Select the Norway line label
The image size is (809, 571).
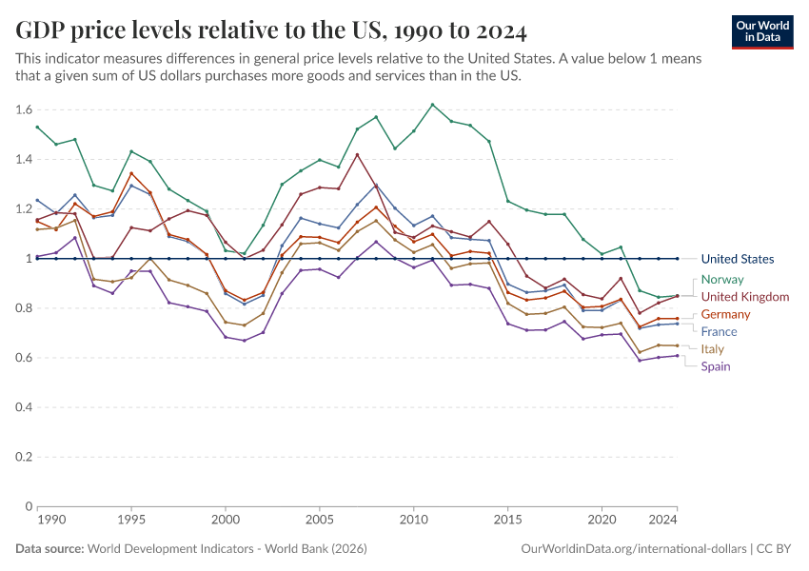[721, 280]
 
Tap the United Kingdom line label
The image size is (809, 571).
[745, 297]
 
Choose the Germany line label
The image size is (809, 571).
[725, 314]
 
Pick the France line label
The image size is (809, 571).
[719, 331]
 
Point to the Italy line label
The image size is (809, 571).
[712, 349]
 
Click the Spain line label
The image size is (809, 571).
[716, 366]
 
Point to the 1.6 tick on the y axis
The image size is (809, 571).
[23, 109]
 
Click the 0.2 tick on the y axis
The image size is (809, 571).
[23, 457]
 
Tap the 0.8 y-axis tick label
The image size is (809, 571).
[23, 308]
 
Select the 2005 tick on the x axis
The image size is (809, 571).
[319, 521]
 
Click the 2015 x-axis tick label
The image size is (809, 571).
[507, 521]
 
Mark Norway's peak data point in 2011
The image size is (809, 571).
[432, 105]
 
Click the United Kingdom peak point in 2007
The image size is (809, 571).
[357, 155]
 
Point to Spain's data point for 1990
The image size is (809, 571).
[37, 256]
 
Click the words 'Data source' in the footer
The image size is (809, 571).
[49, 549]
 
